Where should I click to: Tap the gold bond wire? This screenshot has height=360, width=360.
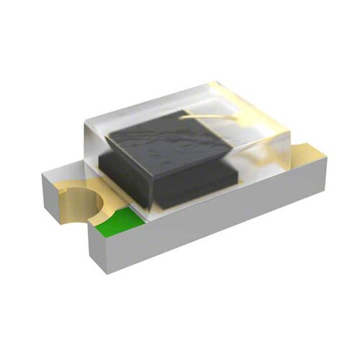(209, 112)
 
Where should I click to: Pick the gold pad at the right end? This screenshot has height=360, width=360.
(306, 153)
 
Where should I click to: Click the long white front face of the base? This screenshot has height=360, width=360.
(216, 220)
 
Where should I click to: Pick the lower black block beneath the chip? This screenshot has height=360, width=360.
(209, 184)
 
